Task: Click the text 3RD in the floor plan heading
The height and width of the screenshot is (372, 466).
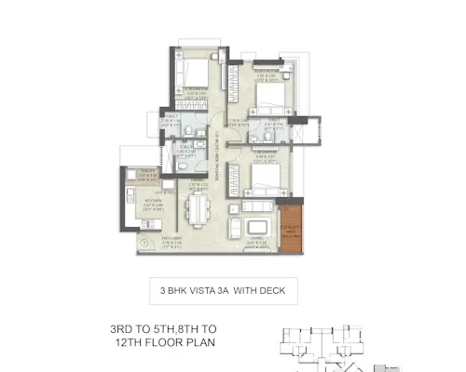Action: (125, 328)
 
